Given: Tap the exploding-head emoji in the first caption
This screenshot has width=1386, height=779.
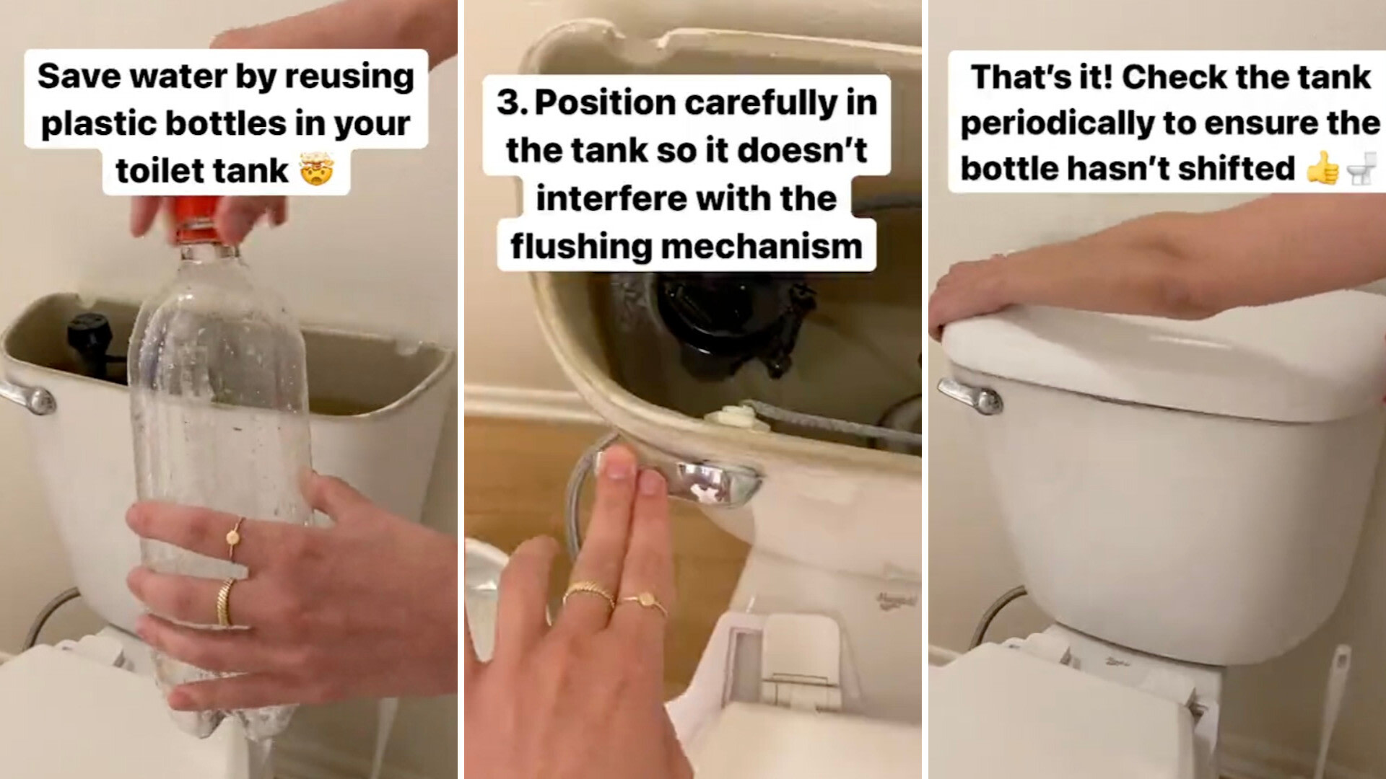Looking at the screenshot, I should (315, 171).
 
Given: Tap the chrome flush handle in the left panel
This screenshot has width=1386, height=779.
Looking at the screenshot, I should (29, 397).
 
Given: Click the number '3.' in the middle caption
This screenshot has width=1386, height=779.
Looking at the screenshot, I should (513, 102).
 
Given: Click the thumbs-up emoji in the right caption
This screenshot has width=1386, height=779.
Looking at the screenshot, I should (1322, 170).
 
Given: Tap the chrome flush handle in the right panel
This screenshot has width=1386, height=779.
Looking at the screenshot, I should (971, 396).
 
